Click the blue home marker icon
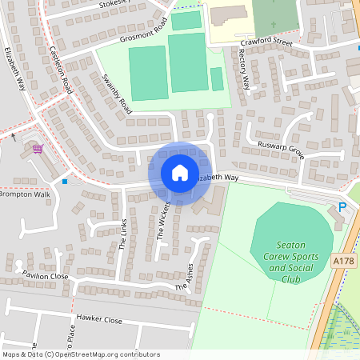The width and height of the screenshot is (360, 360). click(180, 173)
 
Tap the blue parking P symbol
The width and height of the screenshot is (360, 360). click(342, 207)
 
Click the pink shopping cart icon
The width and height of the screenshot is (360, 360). click(37, 148)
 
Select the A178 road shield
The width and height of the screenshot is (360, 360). click(343, 261)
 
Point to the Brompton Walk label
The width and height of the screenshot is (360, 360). click(25, 194)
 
